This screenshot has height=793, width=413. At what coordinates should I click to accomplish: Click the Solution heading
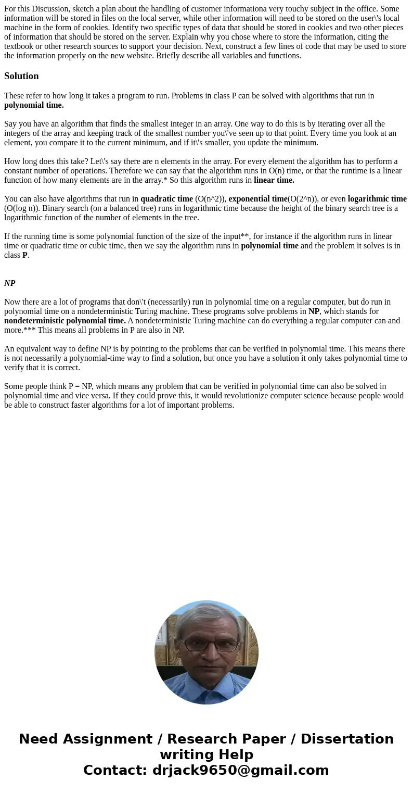coord(21,76)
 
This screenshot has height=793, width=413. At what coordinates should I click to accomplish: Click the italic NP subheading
coord(9,283)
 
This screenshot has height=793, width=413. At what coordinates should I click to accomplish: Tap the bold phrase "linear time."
coord(274,180)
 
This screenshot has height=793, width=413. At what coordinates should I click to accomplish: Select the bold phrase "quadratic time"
coord(166,199)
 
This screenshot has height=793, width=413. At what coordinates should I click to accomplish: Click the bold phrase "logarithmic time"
coord(377,199)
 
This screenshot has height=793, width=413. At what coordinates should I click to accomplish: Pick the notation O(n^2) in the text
coord(211,199)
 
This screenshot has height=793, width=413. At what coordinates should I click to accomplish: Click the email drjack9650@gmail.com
coord(241,770)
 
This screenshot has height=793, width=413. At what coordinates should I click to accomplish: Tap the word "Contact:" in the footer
coord(115,770)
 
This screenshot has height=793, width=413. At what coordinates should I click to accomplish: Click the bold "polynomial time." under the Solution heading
coord(34,105)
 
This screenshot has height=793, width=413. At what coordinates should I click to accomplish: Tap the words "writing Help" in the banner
coord(206,754)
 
